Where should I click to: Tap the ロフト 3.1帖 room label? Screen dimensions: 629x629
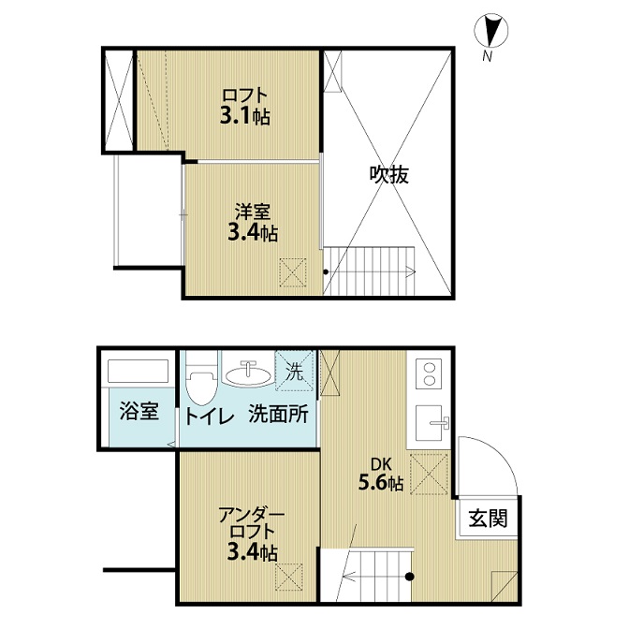pos(244,107)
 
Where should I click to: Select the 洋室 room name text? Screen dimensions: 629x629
pos(253,212)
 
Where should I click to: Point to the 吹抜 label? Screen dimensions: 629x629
pos(388,174)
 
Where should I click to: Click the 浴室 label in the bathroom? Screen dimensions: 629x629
pos(139,411)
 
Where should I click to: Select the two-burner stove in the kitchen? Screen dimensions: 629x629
pos(430,373)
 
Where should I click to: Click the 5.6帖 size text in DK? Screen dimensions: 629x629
pos(380,483)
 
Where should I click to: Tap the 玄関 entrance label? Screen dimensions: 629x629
pos(488,518)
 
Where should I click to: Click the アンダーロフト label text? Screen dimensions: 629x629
pos(252,522)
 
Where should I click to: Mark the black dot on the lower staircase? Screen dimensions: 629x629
pos(409,577)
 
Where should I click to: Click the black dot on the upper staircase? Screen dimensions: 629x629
pos(326,272)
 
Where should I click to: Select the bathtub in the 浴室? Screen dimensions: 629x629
pos(138,371)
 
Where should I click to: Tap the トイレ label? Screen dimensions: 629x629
pos(209,417)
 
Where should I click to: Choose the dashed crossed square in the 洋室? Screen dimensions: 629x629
pos(293,272)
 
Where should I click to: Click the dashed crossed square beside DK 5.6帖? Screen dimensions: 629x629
pos(429,475)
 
